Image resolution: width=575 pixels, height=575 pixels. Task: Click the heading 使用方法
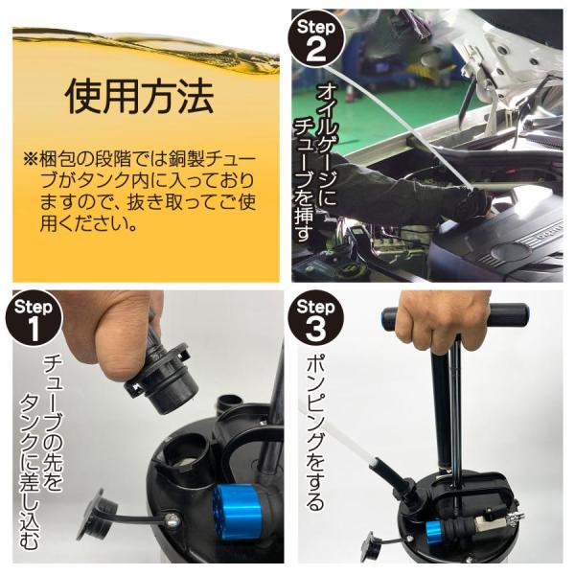coord(139,96)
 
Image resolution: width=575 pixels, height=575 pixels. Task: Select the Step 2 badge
coord(316,38)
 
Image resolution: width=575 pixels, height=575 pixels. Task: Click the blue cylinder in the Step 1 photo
coord(237,512)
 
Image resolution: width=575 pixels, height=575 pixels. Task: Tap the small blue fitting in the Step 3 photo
coord(435,529)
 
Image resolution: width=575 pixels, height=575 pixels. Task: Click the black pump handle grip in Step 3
coord(454,316)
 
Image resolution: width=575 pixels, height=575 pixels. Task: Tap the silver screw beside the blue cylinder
coord(173,519)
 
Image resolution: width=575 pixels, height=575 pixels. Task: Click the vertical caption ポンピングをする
coord(315,433)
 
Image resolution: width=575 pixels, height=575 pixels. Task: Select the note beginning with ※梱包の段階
coord(139,192)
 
